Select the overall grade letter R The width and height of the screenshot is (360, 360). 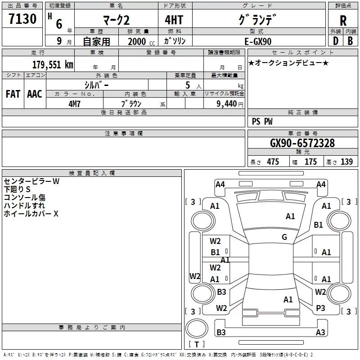[343, 21]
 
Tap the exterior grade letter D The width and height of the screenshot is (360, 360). [335, 40]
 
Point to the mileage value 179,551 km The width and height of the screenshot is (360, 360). [53, 65]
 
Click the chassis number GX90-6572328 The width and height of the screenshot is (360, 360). [302, 143]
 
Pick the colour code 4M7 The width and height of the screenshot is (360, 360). [74, 103]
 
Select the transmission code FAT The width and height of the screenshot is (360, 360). [13, 94]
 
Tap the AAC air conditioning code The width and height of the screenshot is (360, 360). [35, 94]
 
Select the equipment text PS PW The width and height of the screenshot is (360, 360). [262, 121]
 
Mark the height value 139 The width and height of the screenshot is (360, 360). [346, 162]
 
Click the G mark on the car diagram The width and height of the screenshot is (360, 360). [284, 237]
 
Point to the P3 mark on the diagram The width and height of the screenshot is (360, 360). [320, 308]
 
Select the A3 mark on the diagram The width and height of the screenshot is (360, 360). [320, 333]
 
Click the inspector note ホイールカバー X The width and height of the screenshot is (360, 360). [31, 214]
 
